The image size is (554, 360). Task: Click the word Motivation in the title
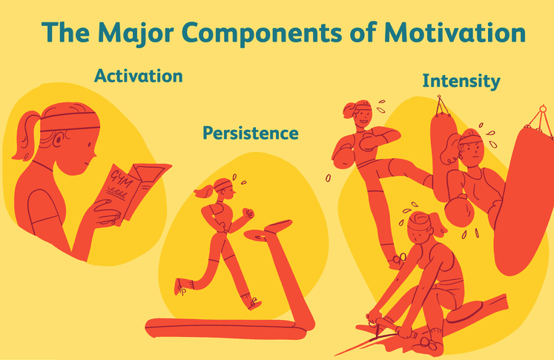coord(455,33)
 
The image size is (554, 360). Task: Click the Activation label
coord(139,76)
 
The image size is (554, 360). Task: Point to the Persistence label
coord(251,134)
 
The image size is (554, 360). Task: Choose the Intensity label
coord(461,82)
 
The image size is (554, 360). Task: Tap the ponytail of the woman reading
coord(24,135)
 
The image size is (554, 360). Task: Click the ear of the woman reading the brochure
coord(59,139)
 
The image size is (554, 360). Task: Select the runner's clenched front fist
coord(248,213)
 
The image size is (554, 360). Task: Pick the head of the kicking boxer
coord(359,114)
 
